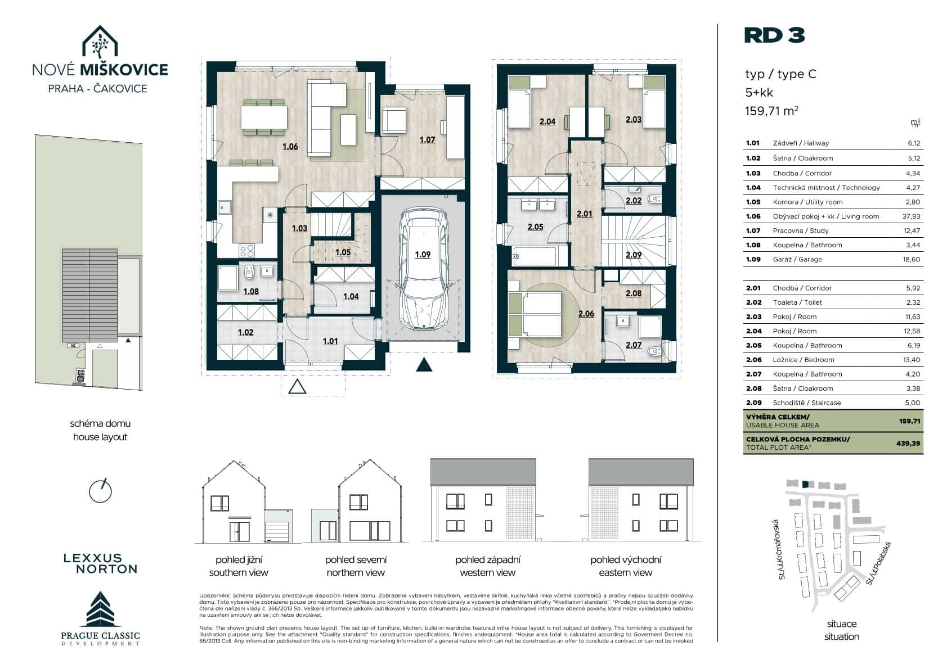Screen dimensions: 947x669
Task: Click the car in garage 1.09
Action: tap(423, 268)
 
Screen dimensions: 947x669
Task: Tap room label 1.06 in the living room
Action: tap(290, 147)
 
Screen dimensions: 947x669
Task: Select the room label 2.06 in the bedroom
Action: tap(586, 314)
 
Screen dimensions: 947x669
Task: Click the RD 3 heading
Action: tap(774, 35)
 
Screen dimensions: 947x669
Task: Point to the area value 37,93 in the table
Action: tap(911, 216)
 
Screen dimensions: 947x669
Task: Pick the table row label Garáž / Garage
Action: tap(797, 259)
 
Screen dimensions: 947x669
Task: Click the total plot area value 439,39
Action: tap(908, 444)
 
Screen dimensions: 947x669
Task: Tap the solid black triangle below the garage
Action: tap(424, 364)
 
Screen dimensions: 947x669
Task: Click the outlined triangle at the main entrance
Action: tap(297, 387)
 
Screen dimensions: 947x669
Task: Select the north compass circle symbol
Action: tap(100, 491)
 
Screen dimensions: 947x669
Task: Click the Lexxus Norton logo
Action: tap(101, 563)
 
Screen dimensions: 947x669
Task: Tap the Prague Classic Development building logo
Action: tap(100, 609)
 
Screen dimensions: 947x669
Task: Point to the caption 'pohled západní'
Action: tap(487, 559)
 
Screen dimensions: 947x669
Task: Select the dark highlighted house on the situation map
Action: tap(805, 485)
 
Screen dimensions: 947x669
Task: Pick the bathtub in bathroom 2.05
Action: tap(535, 256)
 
